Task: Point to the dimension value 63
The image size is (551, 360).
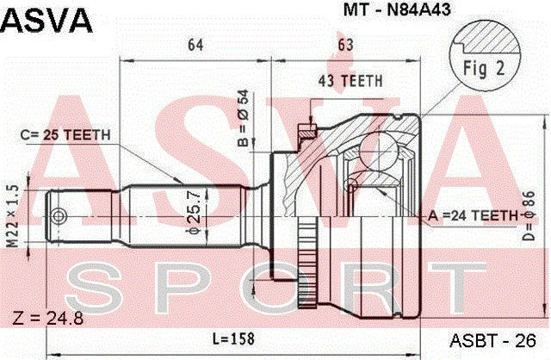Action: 344,46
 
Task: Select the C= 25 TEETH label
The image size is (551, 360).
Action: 63,134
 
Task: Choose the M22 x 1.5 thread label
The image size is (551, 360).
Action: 12,214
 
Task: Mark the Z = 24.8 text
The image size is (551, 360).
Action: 46,320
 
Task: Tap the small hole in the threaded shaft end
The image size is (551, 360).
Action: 58,214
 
